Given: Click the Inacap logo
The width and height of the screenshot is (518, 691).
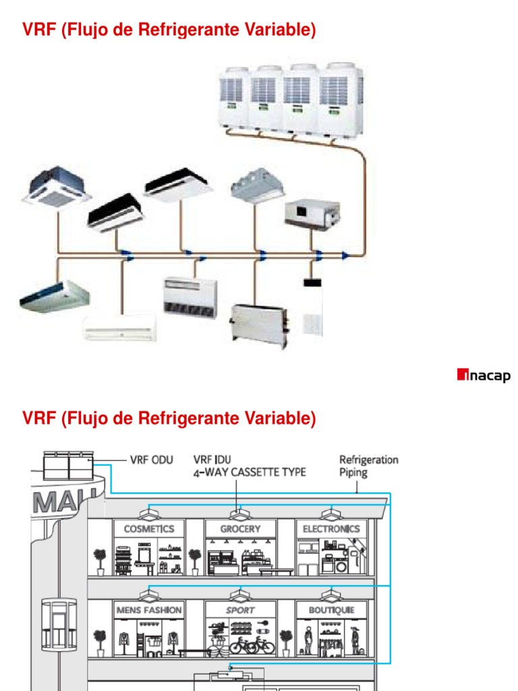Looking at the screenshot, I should pyautogui.click(x=484, y=376).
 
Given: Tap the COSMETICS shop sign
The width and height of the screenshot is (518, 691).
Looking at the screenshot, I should pyautogui.click(x=149, y=529).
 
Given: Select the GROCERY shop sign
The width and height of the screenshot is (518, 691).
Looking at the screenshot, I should pyautogui.click(x=240, y=529).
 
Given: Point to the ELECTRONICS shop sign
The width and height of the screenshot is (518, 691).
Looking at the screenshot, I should pyautogui.click(x=331, y=529).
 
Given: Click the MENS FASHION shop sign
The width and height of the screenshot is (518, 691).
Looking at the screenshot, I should pyautogui.click(x=149, y=610).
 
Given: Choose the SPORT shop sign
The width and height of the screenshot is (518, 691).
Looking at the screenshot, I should pyautogui.click(x=240, y=610).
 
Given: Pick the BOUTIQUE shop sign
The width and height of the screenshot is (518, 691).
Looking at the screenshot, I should pyautogui.click(x=331, y=610).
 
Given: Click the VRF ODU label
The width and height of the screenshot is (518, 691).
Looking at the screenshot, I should pyautogui.click(x=151, y=460).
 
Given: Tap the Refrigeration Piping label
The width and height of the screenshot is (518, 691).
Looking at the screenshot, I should pyautogui.click(x=368, y=466).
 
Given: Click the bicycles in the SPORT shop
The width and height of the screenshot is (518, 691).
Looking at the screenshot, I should pyautogui.click(x=252, y=645).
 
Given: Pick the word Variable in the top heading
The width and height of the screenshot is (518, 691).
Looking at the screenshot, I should pyautogui.click(x=279, y=30).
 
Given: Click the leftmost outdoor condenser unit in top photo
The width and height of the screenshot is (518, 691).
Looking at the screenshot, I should pyautogui.click(x=233, y=96).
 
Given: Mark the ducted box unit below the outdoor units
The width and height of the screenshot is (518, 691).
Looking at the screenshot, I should pyautogui.click(x=312, y=214).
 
